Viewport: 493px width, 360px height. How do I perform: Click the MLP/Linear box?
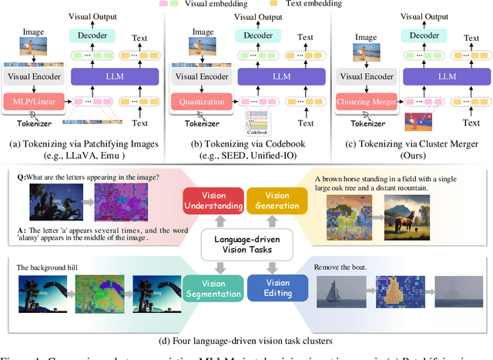(34, 102)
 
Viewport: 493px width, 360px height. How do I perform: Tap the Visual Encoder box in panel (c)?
(363, 76)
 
